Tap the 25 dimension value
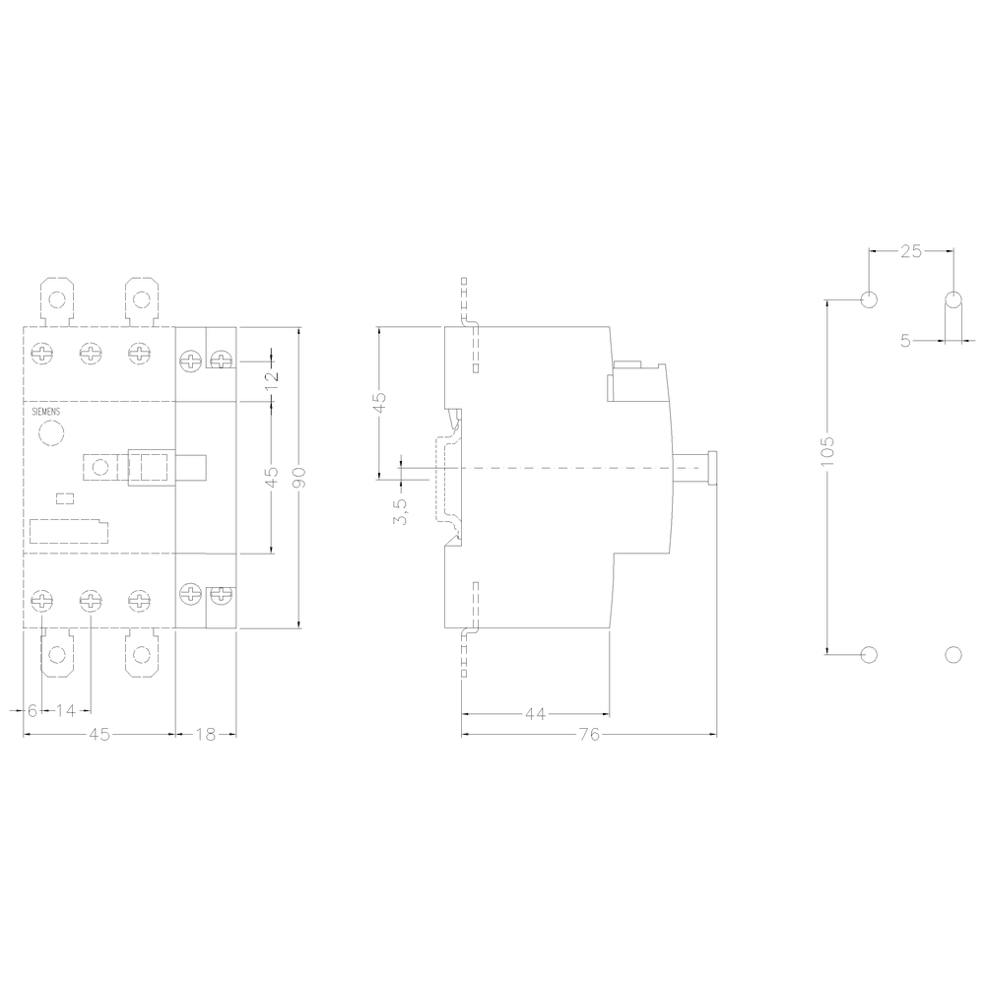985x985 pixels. (x=911, y=251)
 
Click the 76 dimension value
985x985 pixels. (x=589, y=734)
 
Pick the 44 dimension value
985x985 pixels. (x=535, y=714)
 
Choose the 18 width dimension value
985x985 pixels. (x=206, y=734)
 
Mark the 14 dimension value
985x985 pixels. (x=66, y=710)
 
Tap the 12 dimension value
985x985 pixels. (x=273, y=374)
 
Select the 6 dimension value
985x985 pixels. (x=32, y=710)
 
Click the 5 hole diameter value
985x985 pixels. (x=905, y=341)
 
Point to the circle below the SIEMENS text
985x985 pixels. (x=50, y=432)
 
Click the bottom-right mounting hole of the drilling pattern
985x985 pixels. (x=952, y=653)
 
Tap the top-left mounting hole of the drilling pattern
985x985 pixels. (x=868, y=299)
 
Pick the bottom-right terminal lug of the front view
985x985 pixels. (x=142, y=654)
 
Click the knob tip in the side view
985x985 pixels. (x=712, y=468)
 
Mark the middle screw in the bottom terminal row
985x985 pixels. (x=90, y=598)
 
